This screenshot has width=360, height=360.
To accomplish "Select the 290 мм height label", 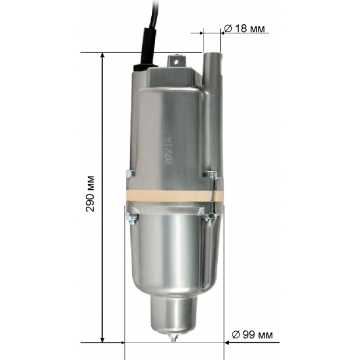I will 90,194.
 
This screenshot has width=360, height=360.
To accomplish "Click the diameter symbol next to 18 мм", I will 228,29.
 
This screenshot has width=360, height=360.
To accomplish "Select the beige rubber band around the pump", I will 171,198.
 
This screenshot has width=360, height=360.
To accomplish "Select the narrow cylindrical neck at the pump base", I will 173,313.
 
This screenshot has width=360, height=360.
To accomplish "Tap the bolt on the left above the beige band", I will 128,174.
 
